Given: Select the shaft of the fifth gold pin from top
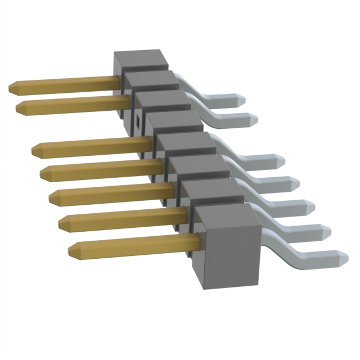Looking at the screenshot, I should pos(112,193).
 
